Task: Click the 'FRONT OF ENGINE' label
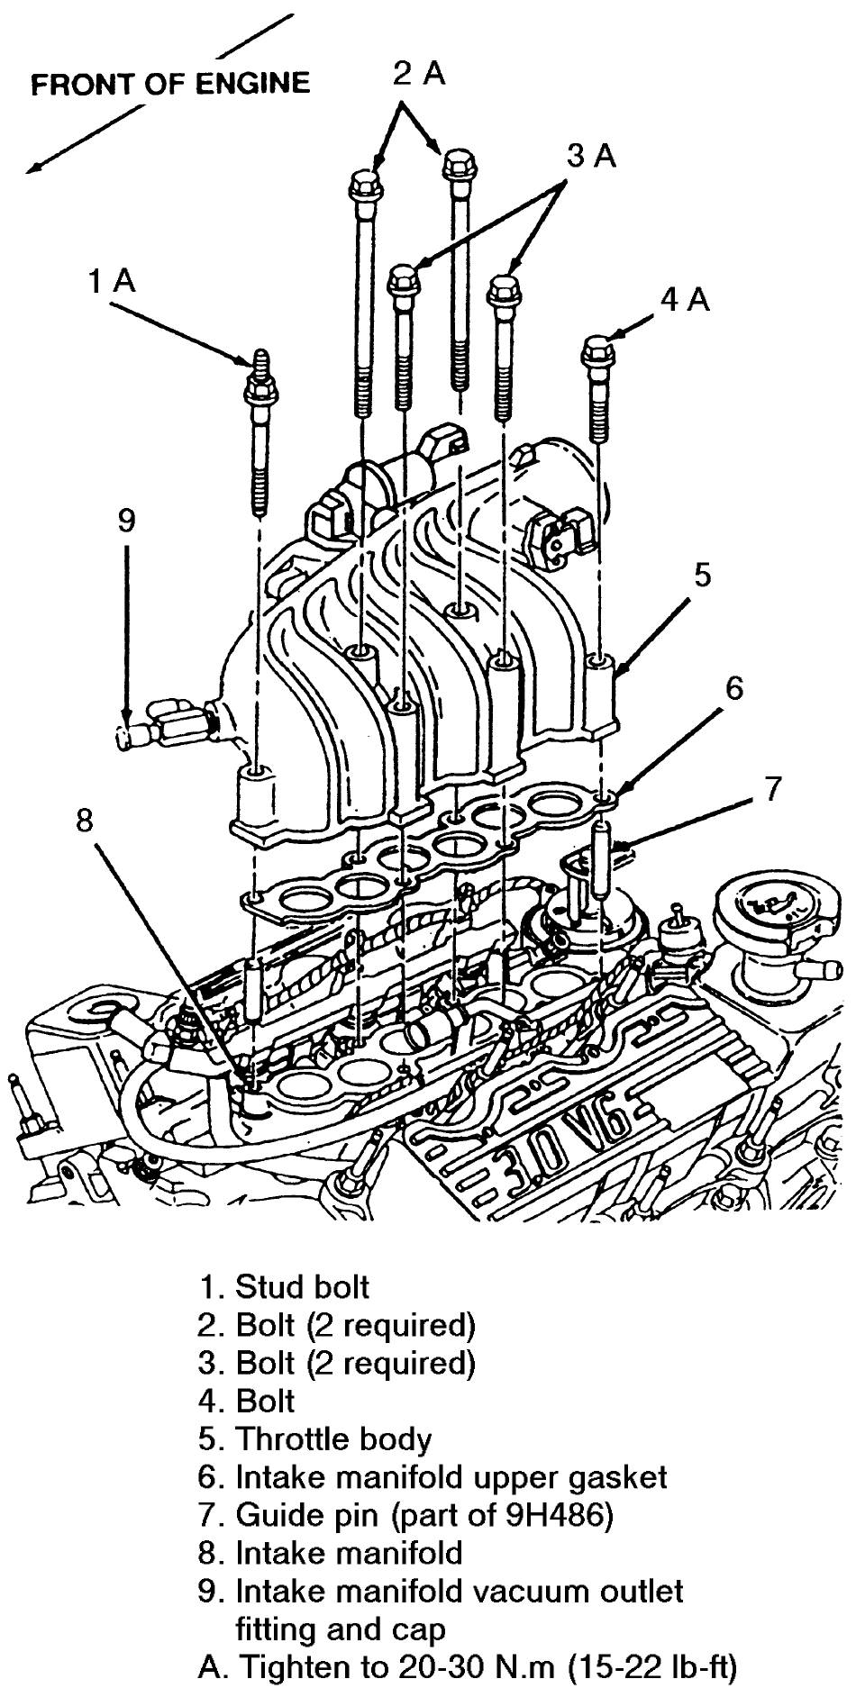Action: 170,84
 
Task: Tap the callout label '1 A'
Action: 112,282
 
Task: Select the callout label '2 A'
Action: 419,74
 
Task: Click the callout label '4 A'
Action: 685,300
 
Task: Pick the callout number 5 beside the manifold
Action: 702,574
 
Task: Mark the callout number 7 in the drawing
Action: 773,788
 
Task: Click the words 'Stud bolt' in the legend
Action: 302,1286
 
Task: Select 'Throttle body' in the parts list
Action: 333,1438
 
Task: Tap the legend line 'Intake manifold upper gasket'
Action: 451,1477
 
